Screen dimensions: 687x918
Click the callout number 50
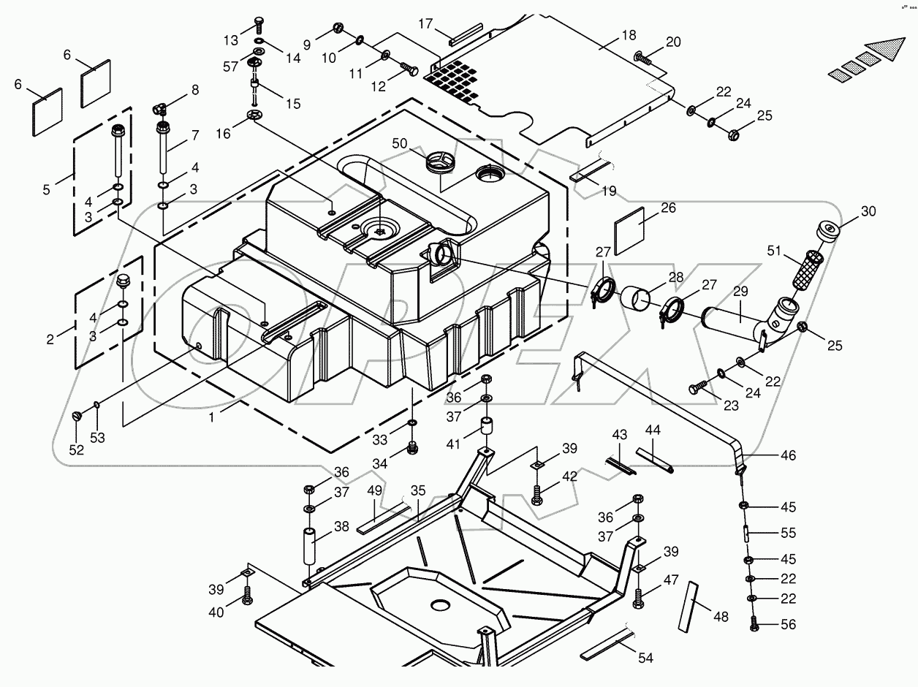coord(399,144)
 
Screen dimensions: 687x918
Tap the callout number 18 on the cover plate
coord(628,35)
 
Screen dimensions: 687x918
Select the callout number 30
coord(868,212)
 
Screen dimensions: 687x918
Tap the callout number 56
coord(788,625)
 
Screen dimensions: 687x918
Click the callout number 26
coord(668,208)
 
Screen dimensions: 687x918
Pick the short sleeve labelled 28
coord(637,299)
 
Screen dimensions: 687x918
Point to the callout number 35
coord(418,490)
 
